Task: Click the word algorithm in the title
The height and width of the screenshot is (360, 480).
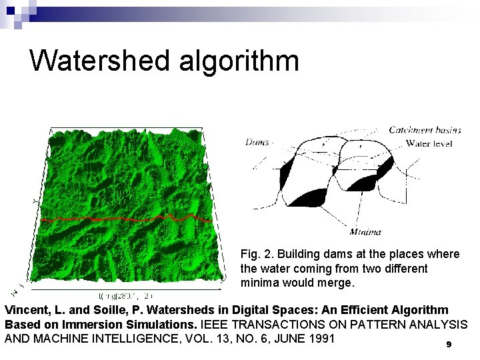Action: [239, 61]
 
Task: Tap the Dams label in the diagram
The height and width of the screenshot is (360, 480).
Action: [257, 141]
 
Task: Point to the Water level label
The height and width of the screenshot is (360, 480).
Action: [429, 143]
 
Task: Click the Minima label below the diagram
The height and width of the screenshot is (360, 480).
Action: [365, 232]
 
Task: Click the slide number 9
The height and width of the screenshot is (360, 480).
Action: [449, 345]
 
